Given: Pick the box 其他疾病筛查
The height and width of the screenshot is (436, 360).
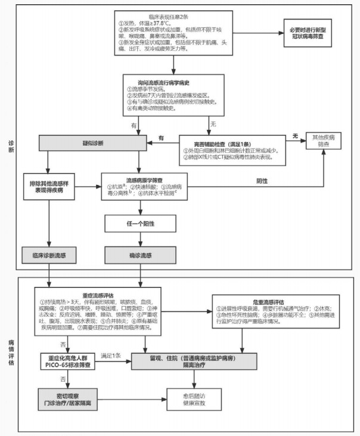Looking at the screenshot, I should point(327,141).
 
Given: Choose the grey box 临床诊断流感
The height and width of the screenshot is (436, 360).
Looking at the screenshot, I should point(48,255).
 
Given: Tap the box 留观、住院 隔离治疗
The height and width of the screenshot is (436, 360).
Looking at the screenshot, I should point(195,360).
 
